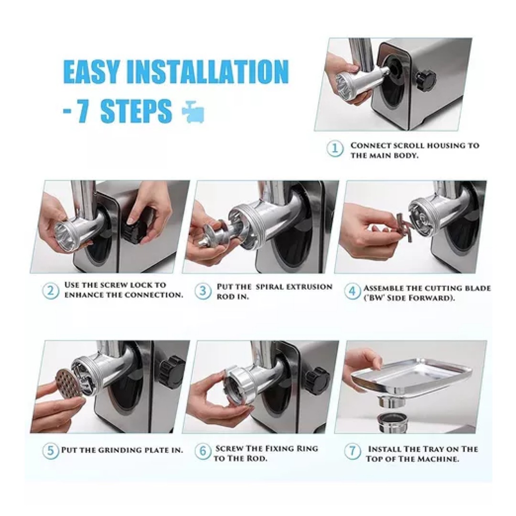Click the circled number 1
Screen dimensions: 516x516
335,149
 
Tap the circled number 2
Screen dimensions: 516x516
51,290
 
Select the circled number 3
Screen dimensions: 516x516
203,291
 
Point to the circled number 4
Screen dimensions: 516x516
352,291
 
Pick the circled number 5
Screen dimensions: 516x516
51,450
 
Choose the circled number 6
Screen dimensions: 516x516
203,451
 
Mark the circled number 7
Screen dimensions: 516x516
352,451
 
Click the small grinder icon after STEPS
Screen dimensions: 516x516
193,111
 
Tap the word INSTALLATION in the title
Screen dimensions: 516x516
208,71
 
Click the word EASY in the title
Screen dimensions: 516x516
91,71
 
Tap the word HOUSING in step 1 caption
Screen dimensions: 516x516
433,145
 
